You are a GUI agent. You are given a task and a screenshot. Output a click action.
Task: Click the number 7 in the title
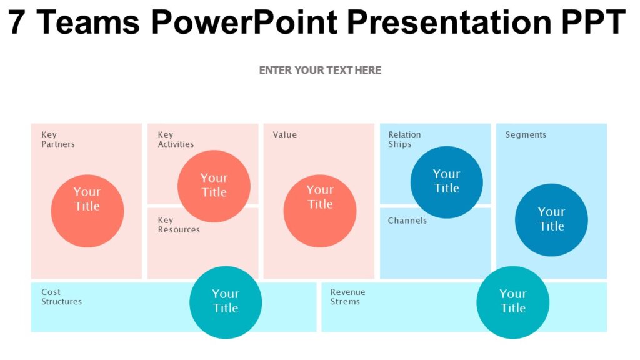(x=17, y=22)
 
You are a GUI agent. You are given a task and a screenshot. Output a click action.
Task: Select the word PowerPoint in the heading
(x=244, y=22)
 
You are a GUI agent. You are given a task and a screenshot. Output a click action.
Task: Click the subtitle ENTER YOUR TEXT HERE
(x=320, y=70)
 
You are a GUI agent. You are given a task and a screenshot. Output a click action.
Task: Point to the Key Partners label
(x=58, y=139)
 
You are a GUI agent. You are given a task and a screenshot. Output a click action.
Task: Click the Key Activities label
(x=176, y=139)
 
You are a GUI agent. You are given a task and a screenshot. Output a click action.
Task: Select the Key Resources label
(x=179, y=225)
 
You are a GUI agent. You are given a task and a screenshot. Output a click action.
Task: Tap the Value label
(x=285, y=135)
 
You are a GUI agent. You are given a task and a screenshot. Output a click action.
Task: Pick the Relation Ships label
(x=404, y=139)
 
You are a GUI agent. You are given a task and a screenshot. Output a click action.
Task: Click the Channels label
(x=407, y=221)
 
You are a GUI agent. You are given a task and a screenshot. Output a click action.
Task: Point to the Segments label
(x=526, y=135)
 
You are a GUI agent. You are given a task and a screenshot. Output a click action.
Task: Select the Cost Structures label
(x=61, y=297)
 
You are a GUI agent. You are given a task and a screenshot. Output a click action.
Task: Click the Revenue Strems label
(x=348, y=297)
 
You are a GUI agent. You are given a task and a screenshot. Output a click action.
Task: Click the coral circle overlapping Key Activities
(x=214, y=186)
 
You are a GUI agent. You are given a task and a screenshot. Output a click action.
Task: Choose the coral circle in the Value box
(x=320, y=211)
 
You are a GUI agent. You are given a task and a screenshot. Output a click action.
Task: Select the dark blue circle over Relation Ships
(x=446, y=182)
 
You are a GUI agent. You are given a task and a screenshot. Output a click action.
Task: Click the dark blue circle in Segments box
(x=551, y=220)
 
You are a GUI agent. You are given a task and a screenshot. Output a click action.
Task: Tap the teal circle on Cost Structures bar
(x=226, y=302)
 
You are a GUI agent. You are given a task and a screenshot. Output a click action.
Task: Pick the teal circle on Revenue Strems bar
(x=512, y=302)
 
